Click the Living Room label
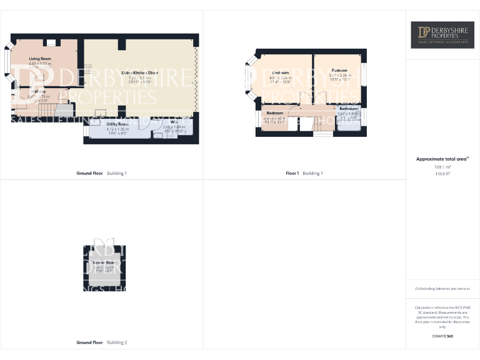pos(40,58)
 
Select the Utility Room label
pos(117,124)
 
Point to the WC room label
pos(174,121)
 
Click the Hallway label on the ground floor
pos(39,91)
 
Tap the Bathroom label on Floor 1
pos(349,108)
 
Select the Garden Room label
pos(103,262)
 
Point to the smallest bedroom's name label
pos(274,113)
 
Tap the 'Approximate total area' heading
pos(442,159)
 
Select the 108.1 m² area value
pos(442,167)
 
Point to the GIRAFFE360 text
pos(442,337)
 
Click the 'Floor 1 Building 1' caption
pos(304,173)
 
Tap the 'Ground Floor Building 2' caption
pos(101,342)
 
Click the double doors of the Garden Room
pos(103,243)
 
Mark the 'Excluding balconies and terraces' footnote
pos(442,289)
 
